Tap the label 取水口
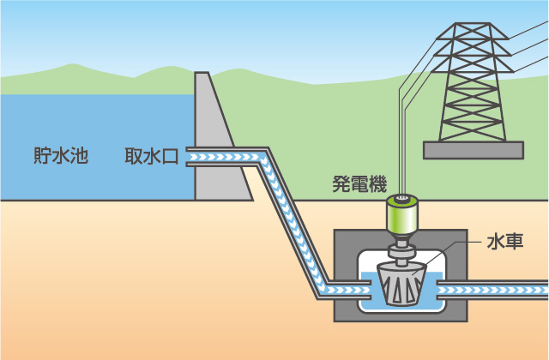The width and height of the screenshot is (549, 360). [151, 157]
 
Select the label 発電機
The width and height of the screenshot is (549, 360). [359, 183]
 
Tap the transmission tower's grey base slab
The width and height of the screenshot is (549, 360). [473, 150]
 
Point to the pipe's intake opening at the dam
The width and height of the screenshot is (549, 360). [190, 157]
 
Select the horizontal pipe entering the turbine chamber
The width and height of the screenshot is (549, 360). [343, 289]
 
